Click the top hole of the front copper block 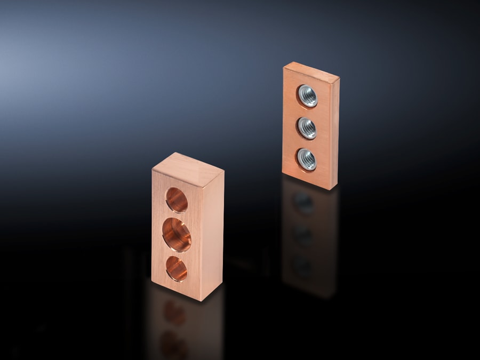[x=177, y=201]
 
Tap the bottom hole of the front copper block [x=177, y=268]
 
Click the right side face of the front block [x=212, y=235]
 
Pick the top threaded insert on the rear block [x=307, y=96]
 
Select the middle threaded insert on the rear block [x=307, y=128]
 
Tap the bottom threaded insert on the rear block [x=307, y=159]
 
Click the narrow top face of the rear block [x=311, y=72]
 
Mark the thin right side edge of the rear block [x=334, y=133]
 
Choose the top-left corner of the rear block [x=284, y=67]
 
